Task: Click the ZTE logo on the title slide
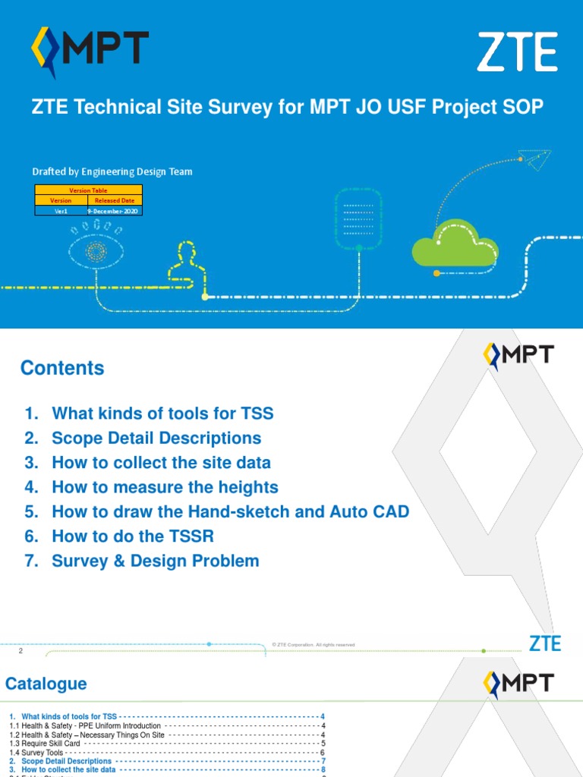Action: (x=517, y=52)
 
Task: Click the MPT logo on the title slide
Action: (x=90, y=50)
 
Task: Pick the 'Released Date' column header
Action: (x=114, y=200)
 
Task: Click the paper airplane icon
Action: (x=535, y=159)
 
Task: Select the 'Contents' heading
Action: (x=62, y=368)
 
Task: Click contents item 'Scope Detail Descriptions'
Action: (x=156, y=439)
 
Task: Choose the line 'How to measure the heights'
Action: (x=165, y=487)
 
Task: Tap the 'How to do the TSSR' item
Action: (x=133, y=536)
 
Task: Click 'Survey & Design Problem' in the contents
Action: (x=156, y=562)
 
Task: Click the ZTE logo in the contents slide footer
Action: (x=544, y=644)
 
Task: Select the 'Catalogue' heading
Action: (x=46, y=684)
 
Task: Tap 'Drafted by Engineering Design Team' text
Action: (x=112, y=171)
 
